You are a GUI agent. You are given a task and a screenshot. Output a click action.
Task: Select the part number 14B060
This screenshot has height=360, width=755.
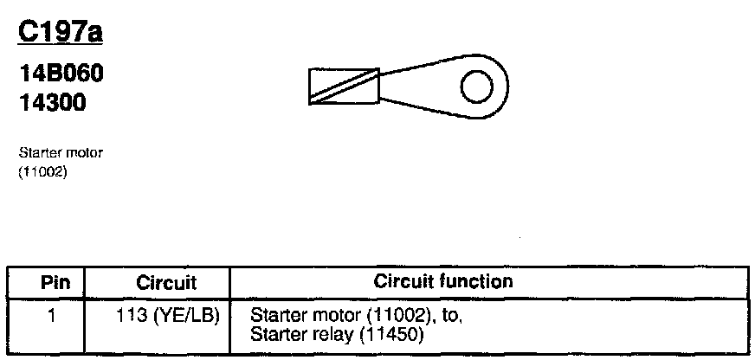pyautogui.click(x=61, y=74)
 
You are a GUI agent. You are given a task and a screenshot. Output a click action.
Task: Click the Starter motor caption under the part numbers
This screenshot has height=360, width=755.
pyautogui.click(x=61, y=153)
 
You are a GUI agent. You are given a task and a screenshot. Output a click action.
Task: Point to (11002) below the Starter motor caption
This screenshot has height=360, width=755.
pyautogui.click(x=42, y=171)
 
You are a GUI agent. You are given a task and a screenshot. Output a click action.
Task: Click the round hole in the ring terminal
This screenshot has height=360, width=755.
pyautogui.click(x=475, y=87)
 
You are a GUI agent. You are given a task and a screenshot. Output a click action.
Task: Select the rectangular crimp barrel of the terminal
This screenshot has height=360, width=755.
pyautogui.click(x=343, y=87)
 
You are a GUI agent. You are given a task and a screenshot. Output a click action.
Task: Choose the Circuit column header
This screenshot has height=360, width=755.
pyautogui.click(x=166, y=282)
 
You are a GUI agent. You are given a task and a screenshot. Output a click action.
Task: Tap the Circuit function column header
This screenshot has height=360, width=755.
pyautogui.click(x=442, y=281)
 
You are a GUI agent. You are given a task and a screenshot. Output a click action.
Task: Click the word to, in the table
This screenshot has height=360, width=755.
pyautogui.click(x=454, y=317)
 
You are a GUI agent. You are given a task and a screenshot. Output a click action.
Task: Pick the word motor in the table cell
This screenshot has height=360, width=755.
pyautogui.click(x=323, y=316)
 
